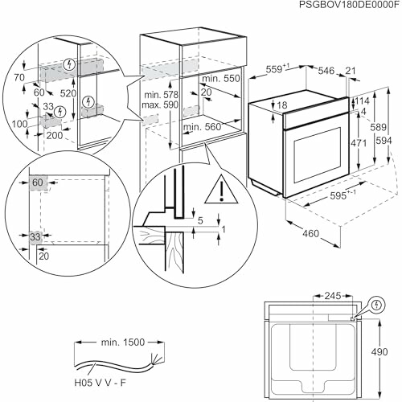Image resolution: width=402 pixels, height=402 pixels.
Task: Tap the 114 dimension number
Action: [362, 100]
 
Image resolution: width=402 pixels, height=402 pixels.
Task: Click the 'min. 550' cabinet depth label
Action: [221, 80]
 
